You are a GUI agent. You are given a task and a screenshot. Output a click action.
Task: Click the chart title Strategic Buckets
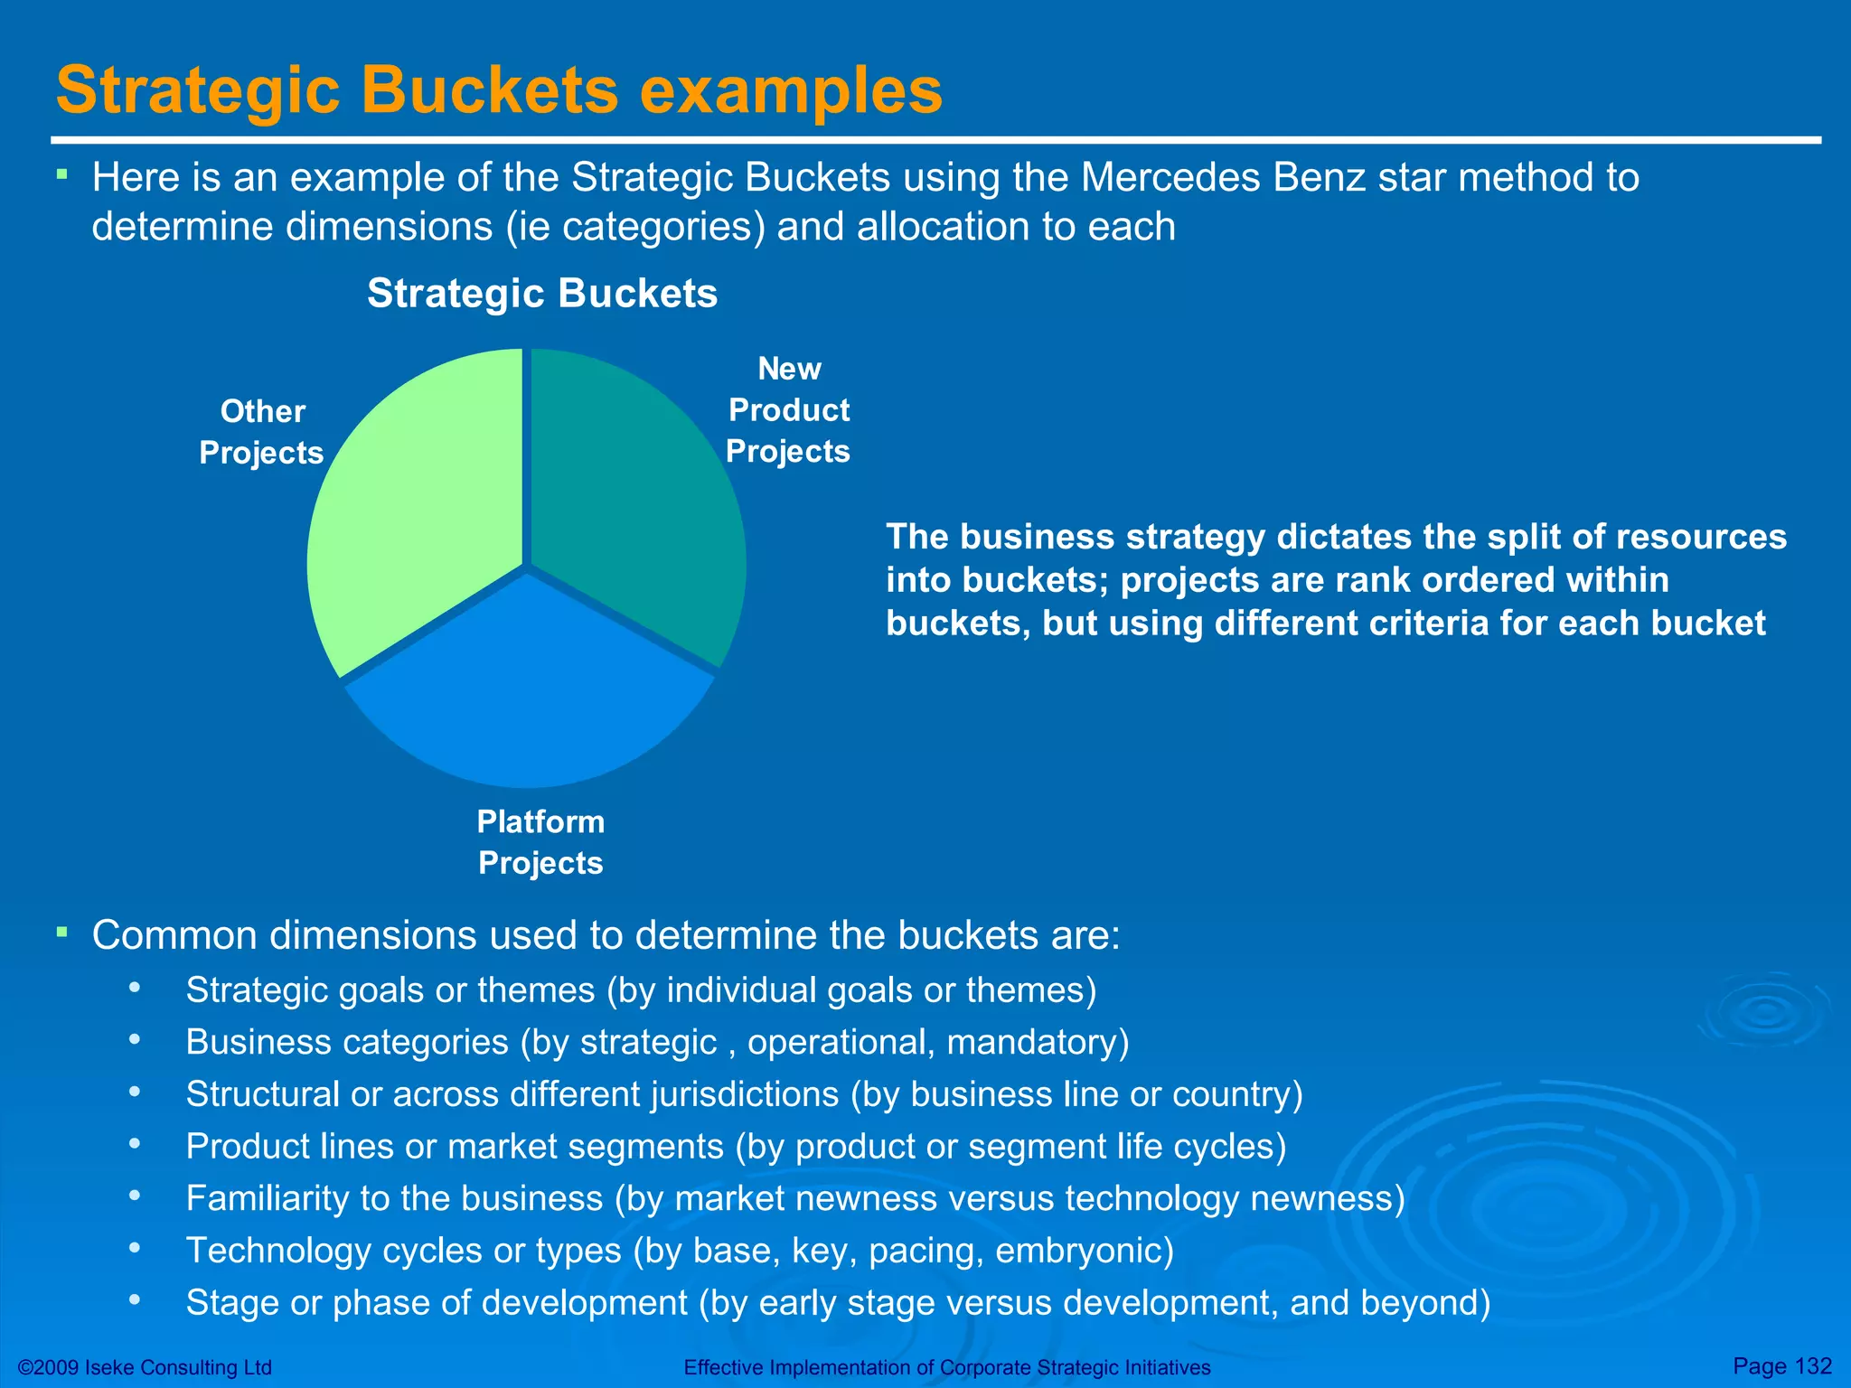(x=542, y=294)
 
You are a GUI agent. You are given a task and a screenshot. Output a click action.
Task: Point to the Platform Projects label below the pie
(x=540, y=842)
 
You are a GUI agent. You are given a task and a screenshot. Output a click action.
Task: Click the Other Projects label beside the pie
(x=262, y=432)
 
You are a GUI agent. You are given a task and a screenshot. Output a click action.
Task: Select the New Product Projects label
(x=789, y=410)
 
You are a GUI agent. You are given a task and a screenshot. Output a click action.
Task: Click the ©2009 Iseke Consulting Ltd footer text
(x=145, y=1367)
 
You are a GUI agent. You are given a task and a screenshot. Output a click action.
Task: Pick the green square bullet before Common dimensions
(x=61, y=931)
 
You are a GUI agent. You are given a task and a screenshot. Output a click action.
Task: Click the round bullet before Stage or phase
(x=135, y=1299)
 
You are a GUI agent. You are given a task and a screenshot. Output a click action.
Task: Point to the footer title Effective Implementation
(x=946, y=1367)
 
